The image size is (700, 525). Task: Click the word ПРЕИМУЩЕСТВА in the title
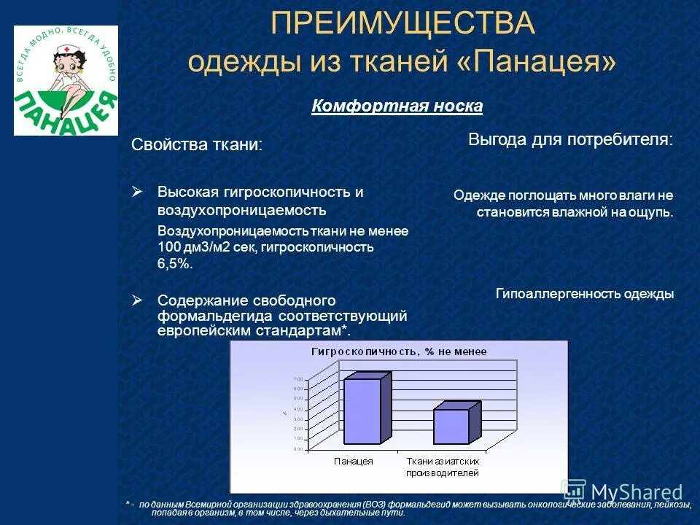(402, 24)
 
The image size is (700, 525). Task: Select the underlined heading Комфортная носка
(397, 106)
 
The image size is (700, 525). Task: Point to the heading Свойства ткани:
(196, 144)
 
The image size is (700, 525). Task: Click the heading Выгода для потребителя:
(570, 139)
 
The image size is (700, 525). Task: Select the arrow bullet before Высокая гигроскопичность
(138, 192)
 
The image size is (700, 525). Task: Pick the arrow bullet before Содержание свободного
(138, 300)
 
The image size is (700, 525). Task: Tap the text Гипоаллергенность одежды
(585, 294)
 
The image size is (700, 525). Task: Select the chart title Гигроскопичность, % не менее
(399, 351)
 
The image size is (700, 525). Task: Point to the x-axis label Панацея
(354, 462)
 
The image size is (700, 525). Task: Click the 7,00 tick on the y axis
(297, 379)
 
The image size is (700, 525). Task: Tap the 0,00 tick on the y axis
(297, 449)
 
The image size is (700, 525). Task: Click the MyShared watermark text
(636, 492)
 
